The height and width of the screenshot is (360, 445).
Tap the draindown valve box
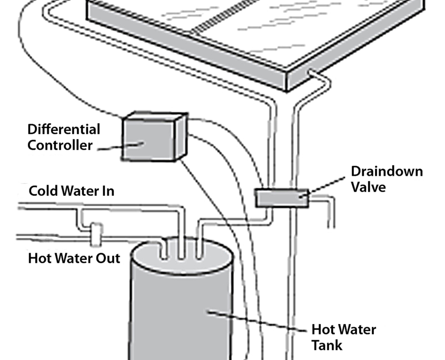281,198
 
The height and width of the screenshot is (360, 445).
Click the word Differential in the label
64,129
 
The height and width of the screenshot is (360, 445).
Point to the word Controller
60,145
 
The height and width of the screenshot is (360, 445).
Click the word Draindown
387,172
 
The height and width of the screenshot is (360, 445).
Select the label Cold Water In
71,191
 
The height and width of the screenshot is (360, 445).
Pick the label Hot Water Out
74,258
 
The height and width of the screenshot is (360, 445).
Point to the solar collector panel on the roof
253,32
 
